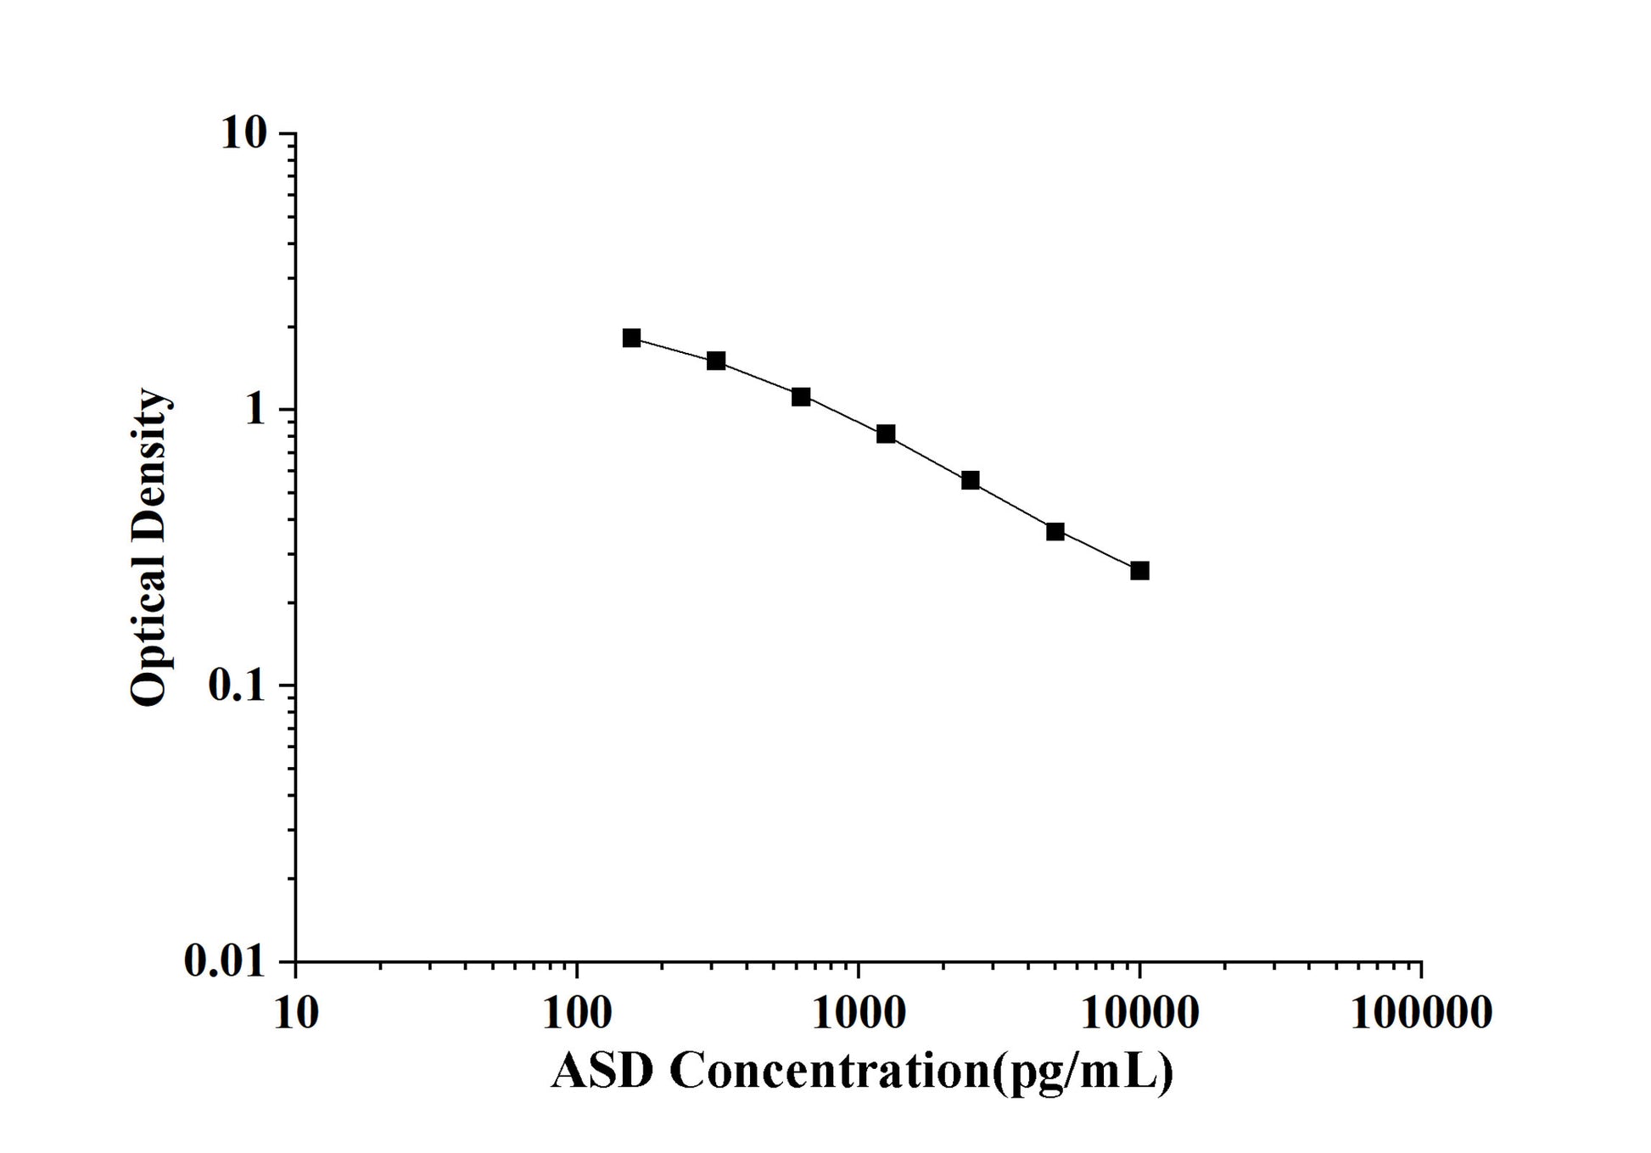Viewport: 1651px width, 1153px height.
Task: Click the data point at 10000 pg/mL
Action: [1139, 571]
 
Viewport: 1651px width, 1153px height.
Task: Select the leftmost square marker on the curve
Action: [631, 339]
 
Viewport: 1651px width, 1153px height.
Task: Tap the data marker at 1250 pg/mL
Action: [886, 434]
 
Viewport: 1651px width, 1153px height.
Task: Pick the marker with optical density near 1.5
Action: [716, 361]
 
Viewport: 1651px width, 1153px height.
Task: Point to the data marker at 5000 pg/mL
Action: [1055, 532]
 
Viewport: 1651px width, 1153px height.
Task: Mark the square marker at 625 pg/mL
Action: [801, 397]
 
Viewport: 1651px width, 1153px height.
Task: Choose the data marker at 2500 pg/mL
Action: [971, 481]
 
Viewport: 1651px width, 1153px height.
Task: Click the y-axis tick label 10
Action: [244, 134]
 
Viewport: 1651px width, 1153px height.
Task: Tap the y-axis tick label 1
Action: [256, 411]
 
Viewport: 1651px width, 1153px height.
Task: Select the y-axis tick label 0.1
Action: [236, 686]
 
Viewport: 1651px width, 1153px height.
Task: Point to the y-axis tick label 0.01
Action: [225, 962]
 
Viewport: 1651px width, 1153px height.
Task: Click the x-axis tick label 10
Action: [296, 1013]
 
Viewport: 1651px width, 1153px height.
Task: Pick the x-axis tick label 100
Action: [577, 1013]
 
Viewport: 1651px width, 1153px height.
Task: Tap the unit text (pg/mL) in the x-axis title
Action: [1082, 1073]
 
